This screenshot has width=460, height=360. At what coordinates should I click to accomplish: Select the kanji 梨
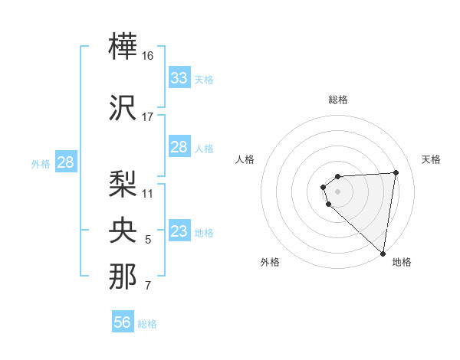[123, 183]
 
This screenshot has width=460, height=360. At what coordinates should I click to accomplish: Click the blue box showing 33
[179, 78]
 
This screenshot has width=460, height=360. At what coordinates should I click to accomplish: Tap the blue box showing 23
[179, 231]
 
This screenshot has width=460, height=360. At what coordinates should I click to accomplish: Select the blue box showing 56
[123, 322]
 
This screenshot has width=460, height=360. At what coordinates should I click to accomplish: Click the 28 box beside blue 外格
[65, 162]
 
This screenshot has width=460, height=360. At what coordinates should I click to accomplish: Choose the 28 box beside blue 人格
[179, 147]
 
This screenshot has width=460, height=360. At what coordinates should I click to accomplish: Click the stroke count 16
[148, 56]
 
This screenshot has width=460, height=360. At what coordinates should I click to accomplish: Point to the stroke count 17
[148, 117]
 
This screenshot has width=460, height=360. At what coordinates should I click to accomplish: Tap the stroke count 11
[148, 193]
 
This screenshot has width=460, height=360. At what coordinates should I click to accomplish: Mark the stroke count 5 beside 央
[148, 240]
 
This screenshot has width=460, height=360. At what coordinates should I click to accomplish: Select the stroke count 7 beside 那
[148, 286]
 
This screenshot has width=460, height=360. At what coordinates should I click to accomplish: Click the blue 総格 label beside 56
[147, 324]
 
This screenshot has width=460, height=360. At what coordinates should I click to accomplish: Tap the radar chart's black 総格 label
[337, 100]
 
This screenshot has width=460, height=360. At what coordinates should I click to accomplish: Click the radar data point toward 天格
[396, 172]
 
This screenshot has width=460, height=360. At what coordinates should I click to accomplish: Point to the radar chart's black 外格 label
[270, 262]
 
